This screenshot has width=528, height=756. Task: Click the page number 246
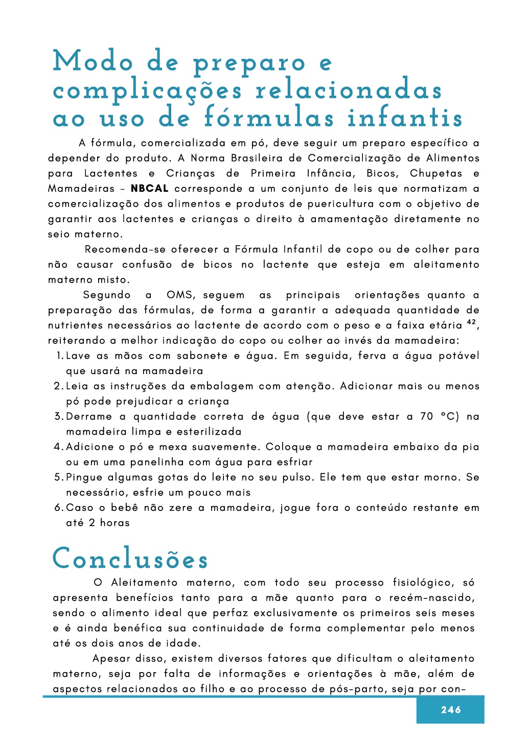pos(450,709)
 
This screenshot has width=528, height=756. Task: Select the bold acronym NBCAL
pos(150,188)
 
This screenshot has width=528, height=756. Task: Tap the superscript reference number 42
pos(471,322)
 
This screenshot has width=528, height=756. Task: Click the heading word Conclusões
pos(130,559)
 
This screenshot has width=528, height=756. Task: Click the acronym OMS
pos(180,295)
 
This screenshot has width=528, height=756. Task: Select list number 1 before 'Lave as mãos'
pos(59,356)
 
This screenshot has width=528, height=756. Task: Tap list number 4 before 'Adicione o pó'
pos(58,447)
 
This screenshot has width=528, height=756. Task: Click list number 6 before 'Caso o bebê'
pos(58,508)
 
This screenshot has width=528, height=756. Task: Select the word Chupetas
pos(436,173)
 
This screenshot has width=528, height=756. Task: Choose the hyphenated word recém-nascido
pos(431,598)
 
